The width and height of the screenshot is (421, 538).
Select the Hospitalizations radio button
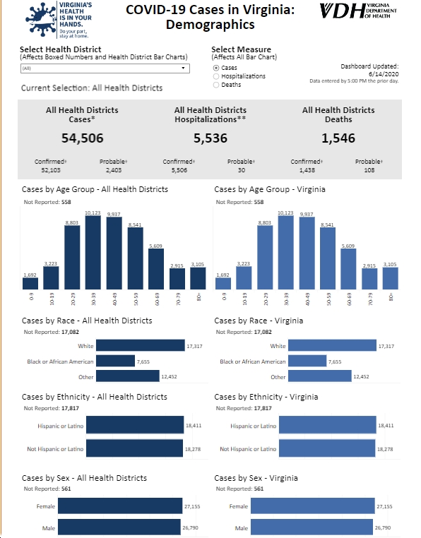point(216,76)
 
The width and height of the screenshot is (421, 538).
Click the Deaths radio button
point(216,85)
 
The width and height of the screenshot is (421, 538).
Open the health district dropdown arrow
point(184,68)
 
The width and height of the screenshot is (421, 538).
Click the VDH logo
point(358,11)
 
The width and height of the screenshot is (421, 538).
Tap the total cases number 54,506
point(83,138)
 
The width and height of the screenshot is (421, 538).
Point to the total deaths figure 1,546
point(338,138)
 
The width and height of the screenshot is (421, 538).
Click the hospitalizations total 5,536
point(210,138)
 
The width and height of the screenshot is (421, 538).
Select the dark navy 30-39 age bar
point(93,253)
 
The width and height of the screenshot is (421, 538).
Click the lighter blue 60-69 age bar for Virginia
point(348,269)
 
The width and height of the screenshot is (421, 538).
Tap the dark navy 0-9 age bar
point(30,283)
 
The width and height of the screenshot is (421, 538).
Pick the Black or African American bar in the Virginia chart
point(307,361)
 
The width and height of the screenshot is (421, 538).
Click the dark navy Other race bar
point(128,376)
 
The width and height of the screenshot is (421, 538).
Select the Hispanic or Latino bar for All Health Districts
point(135,425)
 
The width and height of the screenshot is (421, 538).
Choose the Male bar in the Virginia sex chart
point(312,527)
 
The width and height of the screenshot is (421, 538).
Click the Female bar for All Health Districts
point(120,506)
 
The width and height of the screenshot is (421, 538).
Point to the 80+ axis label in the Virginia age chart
point(391,297)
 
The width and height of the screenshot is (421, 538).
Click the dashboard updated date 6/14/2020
point(384,73)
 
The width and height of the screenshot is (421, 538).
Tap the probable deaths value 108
point(369,170)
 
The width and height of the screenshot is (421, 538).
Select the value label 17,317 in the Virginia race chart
point(386,346)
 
